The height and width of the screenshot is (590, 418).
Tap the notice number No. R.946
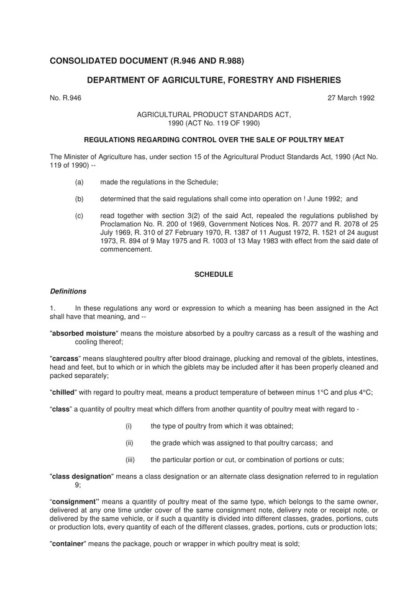click(x=65, y=97)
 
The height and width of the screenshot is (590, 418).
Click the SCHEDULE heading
click(x=214, y=274)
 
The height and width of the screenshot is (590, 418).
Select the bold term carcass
click(x=65, y=359)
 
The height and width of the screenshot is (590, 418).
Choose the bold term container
click(x=69, y=543)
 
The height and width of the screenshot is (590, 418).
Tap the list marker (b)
click(x=79, y=199)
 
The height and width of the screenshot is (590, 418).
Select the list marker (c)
click(x=79, y=217)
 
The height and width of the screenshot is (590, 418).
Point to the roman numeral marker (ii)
click(x=129, y=442)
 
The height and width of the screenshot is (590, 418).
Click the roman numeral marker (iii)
click(x=130, y=459)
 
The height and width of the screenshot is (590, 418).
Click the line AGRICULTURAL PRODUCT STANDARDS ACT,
click(x=214, y=115)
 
